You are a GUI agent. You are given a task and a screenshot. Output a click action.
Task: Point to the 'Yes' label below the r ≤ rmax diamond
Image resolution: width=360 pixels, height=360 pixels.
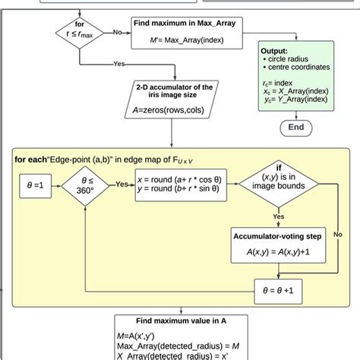point(119,65)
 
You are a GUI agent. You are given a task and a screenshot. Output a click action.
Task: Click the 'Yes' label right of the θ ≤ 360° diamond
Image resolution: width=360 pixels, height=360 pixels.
point(122,184)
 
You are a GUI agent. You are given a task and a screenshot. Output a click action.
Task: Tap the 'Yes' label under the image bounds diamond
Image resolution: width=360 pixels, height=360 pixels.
point(279,216)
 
